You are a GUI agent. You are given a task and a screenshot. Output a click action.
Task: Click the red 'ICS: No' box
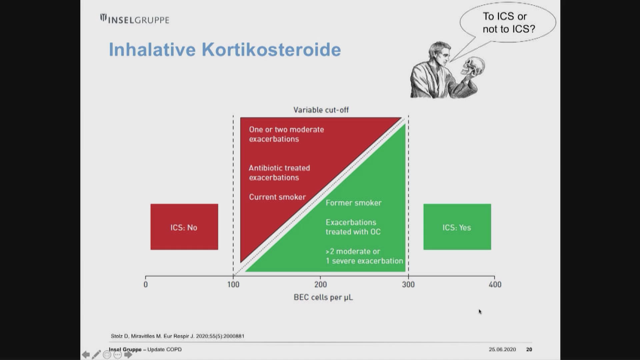coord(184,227)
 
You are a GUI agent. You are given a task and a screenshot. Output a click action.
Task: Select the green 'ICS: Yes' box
coord(457,227)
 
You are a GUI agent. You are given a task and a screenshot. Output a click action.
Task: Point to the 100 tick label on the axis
coord(233,284)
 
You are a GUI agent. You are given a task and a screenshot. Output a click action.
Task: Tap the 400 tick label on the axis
coord(495,284)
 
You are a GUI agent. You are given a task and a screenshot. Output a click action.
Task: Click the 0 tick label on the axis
coord(146,284)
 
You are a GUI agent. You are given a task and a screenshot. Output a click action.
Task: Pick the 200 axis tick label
coord(321,284)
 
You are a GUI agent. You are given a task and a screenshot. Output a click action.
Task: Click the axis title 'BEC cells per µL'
coord(323,297)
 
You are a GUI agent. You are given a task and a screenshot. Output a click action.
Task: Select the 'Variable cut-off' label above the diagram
coord(321,110)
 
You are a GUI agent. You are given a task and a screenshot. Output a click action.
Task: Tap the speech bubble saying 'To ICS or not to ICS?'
coord(508,23)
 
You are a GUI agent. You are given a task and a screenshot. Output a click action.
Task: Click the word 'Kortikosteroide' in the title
coord(271,49)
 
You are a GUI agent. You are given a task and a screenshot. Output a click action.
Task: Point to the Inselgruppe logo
coord(135,19)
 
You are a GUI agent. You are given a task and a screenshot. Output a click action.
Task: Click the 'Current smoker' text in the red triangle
coord(277,197)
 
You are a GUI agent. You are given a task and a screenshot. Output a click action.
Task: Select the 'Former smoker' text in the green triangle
coord(353,203)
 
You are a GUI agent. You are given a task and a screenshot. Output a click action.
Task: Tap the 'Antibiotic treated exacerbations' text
coord(279,173)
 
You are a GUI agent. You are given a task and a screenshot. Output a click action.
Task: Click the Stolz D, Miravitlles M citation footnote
coord(177,336)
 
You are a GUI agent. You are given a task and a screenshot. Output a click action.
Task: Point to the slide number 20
coord(529,349)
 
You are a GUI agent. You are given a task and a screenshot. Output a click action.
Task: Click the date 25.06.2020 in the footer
coord(502,349)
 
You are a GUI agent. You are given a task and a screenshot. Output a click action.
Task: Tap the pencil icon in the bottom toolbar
coord(96,354)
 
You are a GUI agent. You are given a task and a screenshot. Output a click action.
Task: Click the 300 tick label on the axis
coord(408,284)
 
